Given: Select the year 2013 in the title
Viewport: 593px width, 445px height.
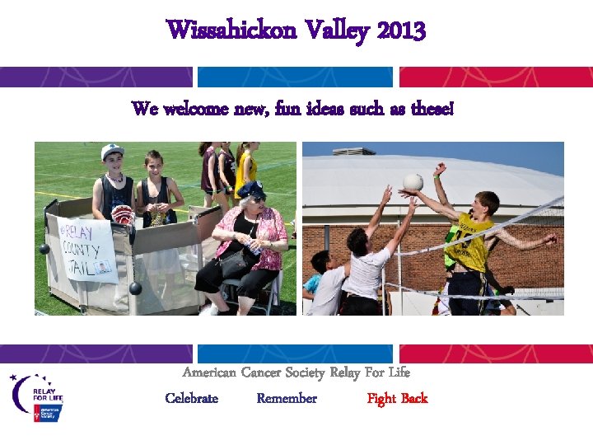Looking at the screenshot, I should coord(402,30).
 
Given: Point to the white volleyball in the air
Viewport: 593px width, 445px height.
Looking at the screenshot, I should coord(413,182).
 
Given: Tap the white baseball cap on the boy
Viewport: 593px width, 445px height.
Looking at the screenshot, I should coord(112,152).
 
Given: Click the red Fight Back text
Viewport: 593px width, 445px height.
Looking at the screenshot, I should coord(397,399).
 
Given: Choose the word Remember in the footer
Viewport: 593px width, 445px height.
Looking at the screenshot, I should coord(287,399).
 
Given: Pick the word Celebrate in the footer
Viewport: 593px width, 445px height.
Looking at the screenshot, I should coord(191,399).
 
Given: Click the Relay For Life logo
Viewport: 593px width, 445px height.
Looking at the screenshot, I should coord(36,397).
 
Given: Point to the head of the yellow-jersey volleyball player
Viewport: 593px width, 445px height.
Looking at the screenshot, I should coord(488,203).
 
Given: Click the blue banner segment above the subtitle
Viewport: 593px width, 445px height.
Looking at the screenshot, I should coord(296,77).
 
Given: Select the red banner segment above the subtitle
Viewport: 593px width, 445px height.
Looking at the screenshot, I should coord(496,77).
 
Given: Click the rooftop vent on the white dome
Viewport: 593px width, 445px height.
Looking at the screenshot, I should coord(358,151).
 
